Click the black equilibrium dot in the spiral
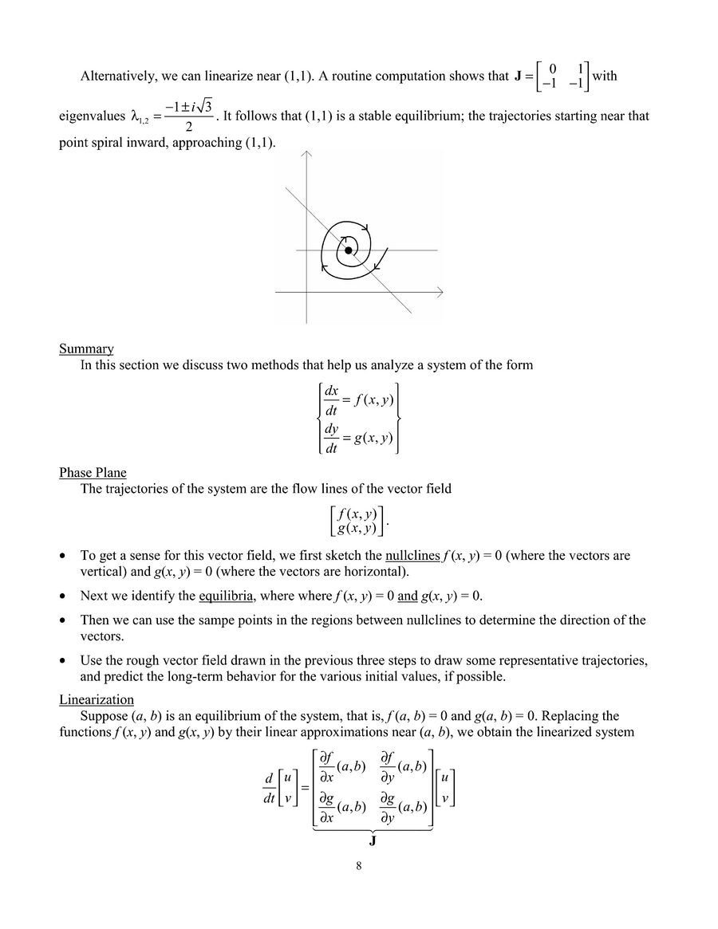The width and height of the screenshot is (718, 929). click(x=348, y=250)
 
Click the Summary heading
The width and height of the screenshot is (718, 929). click(x=86, y=348)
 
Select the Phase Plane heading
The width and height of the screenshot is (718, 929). click(x=93, y=473)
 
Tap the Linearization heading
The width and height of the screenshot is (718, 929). click(x=97, y=699)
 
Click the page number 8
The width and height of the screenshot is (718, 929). click(x=359, y=868)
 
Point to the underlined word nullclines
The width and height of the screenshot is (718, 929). click(x=412, y=556)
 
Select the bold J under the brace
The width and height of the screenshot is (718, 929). click(x=372, y=840)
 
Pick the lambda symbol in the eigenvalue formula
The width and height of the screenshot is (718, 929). click(x=136, y=116)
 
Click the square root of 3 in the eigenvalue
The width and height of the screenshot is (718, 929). click(x=203, y=107)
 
